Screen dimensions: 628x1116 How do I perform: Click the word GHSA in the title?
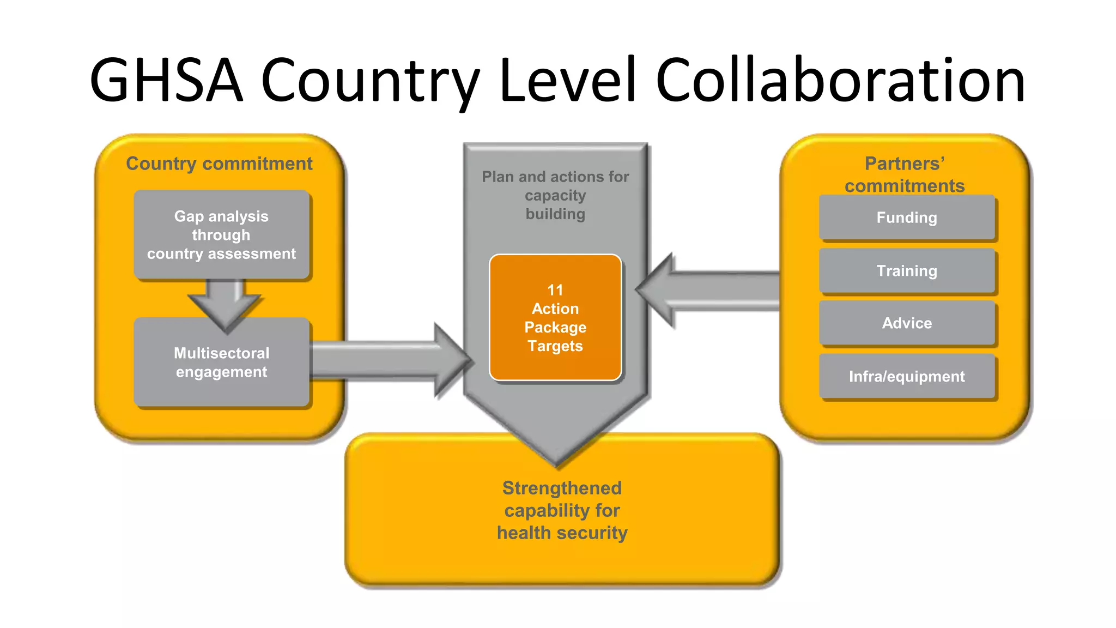coord(166,81)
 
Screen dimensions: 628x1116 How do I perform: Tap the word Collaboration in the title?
coord(840,81)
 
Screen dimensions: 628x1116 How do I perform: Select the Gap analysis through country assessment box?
coord(221,235)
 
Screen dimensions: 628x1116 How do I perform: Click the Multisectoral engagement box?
coord(221,363)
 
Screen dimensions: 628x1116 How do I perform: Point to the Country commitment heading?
coord(219,164)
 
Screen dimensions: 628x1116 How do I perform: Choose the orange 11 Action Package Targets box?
coord(555,318)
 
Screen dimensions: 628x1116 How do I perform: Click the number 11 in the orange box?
coord(555,290)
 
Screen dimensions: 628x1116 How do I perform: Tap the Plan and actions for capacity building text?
coord(555,195)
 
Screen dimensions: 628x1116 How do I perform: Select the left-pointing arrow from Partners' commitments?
coord(708,291)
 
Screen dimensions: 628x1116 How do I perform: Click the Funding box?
coord(907,218)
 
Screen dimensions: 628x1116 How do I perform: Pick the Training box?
coord(907,271)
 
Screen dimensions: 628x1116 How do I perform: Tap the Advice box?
coord(907,323)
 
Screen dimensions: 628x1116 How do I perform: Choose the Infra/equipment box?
coord(907,377)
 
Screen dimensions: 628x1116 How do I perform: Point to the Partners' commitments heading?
coord(905,174)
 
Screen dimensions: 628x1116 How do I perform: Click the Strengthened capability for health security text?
coord(562,510)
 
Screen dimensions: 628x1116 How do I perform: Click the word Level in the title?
coord(567,81)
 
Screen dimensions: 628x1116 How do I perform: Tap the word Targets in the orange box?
coord(555,346)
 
